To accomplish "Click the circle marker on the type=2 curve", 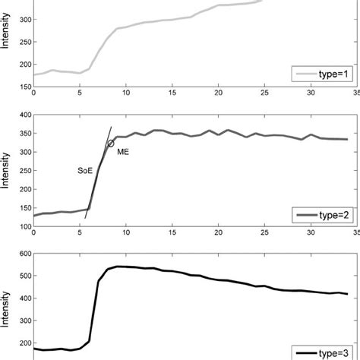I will [x=110, y=143].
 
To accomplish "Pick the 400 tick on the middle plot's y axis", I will [x=23, y=115].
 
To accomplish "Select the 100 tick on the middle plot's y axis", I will [x=23, y=226].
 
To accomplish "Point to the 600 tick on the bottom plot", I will [x=23, y=254].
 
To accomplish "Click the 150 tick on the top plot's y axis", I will [x=23, y=87].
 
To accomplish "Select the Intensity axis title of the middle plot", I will [x=7, y=170].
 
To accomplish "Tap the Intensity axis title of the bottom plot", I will [x=7, y=304].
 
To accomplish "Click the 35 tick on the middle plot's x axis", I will [x=357, y=235].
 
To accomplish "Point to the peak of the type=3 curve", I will [x=119, y=266].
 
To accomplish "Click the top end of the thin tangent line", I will [x=112, y=126].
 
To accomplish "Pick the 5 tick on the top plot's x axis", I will [x=80, y=94].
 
